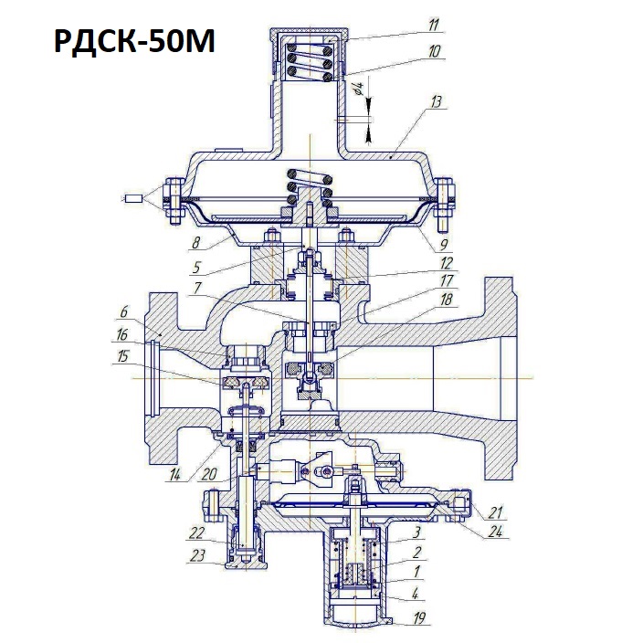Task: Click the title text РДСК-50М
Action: [x=134, y=41]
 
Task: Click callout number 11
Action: [x=434, y=25]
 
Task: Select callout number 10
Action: [x=435, y=52]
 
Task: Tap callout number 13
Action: [x=436, y=101]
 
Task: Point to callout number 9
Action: [x=444, y=245]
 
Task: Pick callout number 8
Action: [x=196, y=243]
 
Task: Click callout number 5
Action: [x=196, y=268]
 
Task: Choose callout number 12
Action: [x=447, y=263]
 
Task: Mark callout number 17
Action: [x=447, y=280]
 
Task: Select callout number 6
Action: [x=123, y=311]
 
